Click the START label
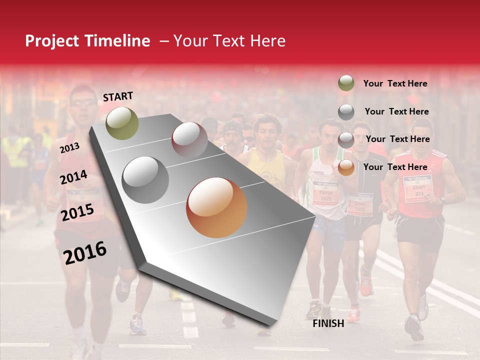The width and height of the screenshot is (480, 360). [x=118, y=96]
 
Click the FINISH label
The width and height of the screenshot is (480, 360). [x=328, y=323]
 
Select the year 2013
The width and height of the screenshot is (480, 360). [x=69, y=147]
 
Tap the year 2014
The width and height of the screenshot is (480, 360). [x=73, y=177]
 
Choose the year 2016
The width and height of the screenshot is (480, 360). [x=85, y=252]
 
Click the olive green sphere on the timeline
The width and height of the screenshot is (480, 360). [x=122, y=123]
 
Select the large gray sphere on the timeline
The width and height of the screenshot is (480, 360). [x=145, y=179]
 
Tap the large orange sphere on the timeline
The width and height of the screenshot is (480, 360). [x=216, y=207]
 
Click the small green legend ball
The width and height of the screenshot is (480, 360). [x=346, y=83]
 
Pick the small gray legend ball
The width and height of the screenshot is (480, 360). [x=346, y=112]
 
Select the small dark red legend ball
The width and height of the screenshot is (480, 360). [x=346, y=139]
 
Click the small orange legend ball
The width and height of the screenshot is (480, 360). [x=346, y=167]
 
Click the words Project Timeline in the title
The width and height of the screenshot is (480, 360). [x=87, y=41]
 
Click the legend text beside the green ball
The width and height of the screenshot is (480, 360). [x=395, y=83]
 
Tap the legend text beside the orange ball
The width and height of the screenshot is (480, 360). [x=395, y=167]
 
